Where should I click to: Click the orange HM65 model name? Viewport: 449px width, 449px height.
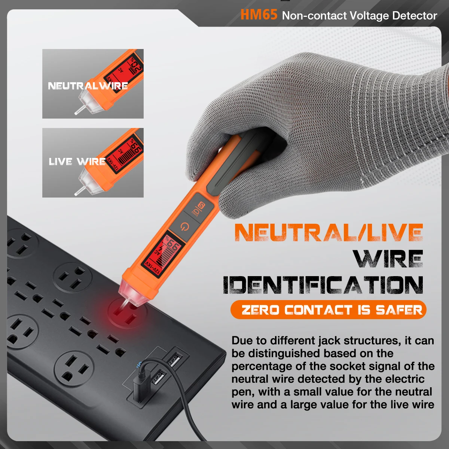pos(259,15)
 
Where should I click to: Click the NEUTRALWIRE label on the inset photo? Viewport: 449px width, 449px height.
pos(88,86)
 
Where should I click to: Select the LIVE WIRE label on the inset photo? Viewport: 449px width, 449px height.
pos(77,162)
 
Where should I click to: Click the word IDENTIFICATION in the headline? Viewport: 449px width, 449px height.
pos(323,285)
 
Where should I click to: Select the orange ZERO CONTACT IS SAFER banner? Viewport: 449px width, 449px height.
pos(329,310)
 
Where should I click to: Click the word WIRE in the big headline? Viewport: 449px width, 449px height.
pos(388,259)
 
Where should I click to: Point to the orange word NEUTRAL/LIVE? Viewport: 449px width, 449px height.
pos(329,233)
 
